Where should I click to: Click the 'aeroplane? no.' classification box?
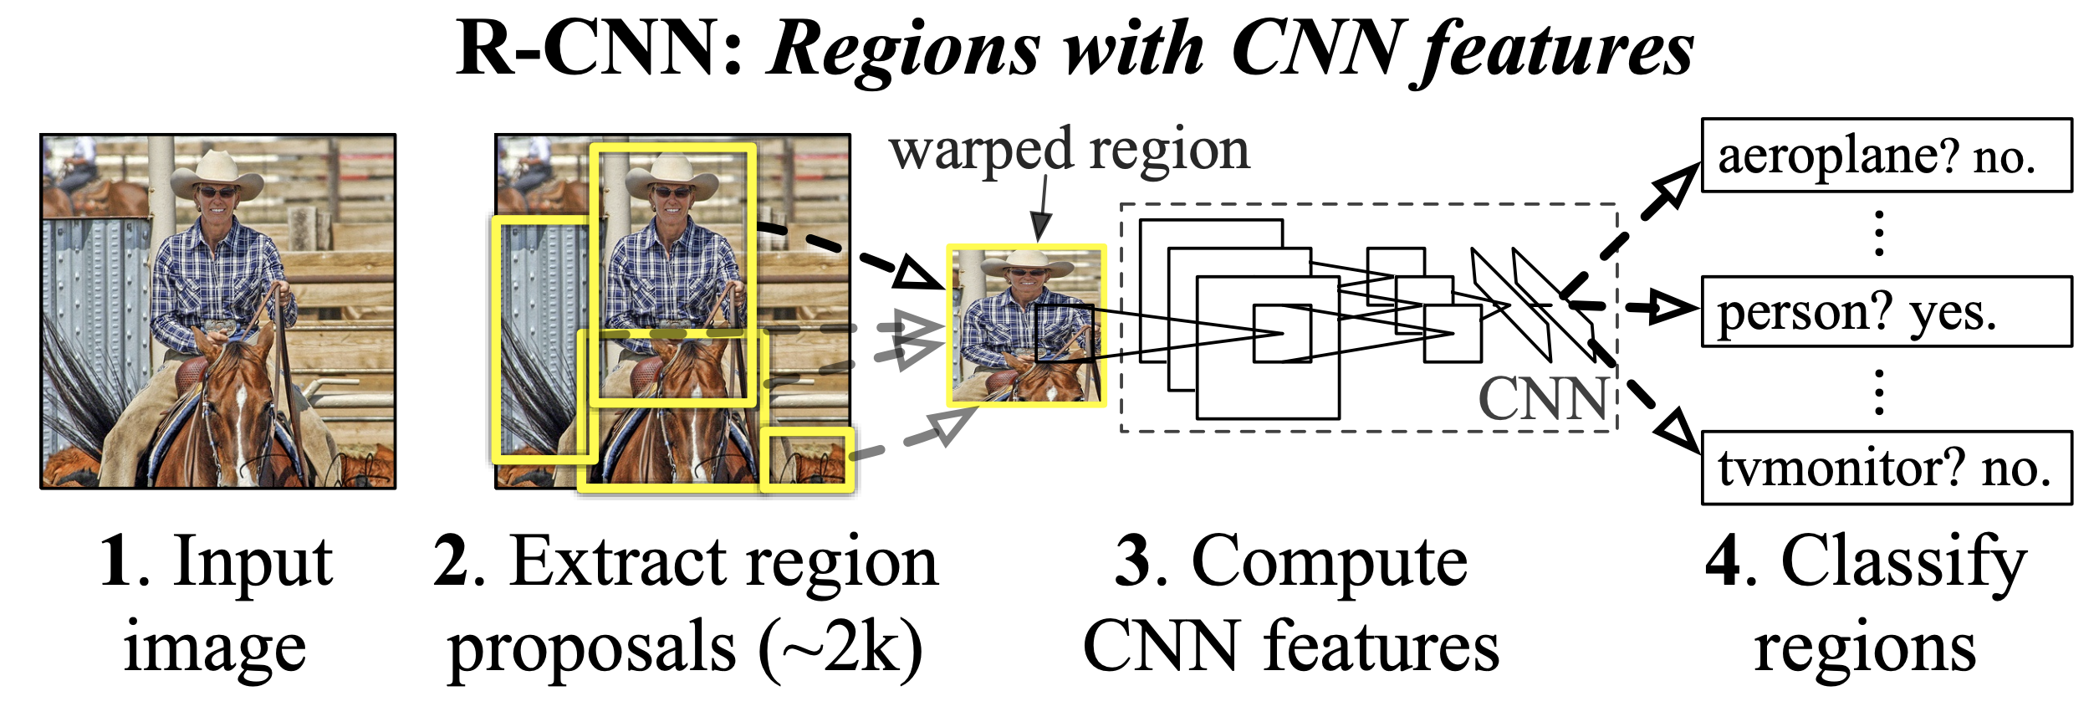point(1887,156)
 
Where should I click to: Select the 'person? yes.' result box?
point(1887,311)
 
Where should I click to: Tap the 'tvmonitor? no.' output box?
point(1887,468)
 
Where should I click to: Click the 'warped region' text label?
point(1069,151)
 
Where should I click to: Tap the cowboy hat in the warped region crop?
point(1027,264)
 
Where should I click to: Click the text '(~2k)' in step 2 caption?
point(840,648)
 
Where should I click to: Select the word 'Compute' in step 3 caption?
point(1329,561)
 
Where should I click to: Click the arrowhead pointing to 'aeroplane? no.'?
point(1677,185)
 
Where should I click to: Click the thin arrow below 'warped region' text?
point(1041,209)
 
